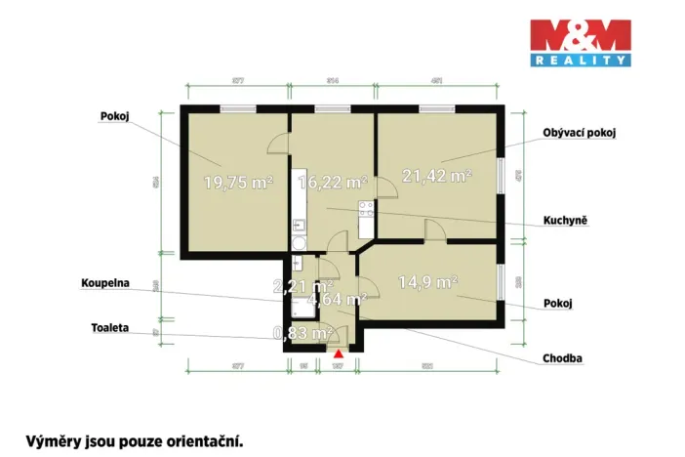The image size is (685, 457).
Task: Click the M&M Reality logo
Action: coord(579,43)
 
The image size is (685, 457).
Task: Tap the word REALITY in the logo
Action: coord(579,61)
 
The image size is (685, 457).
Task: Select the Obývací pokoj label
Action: coord(582,134)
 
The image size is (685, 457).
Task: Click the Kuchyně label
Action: coord(565,221)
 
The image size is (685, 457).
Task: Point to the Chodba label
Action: coord(563,358)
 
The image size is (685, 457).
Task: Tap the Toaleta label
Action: coord(110,329)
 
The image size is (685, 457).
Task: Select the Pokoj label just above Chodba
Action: coord(557,304)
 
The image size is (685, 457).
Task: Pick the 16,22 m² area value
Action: coord(332,182)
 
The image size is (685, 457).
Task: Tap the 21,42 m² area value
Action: coord(437,176)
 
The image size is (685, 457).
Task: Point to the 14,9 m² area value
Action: coord(427,282)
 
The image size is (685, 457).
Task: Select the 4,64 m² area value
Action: coord(336,300)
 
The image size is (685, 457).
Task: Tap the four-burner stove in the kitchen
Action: coord(367,207)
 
